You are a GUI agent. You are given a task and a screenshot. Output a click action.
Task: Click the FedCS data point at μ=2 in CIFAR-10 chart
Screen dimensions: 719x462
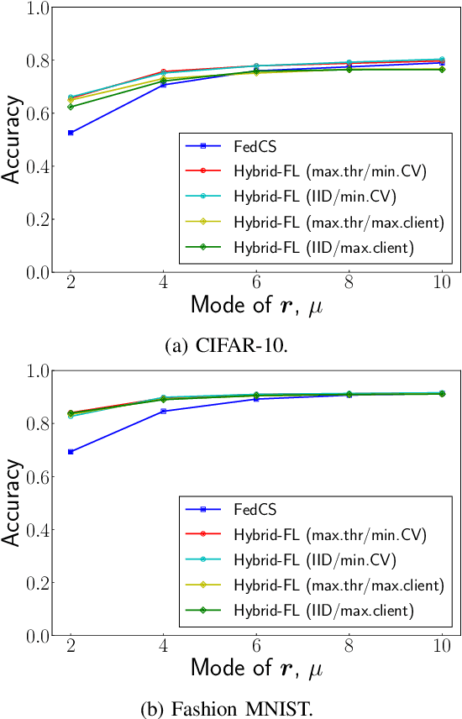[x=71, y=133]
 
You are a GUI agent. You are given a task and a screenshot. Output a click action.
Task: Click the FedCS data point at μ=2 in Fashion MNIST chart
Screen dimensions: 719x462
[x=71, y=452]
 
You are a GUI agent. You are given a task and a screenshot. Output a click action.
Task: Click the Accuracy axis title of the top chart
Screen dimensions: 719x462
[x=12, y=140]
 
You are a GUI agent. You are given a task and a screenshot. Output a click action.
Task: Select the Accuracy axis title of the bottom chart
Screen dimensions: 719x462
[x=12, y=503]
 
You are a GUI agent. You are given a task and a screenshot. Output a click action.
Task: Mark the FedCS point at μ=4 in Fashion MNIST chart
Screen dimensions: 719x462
[x=163, y=411]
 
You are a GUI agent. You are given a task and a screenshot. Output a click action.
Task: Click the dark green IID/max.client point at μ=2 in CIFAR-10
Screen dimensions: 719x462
[x=71, y=107]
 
